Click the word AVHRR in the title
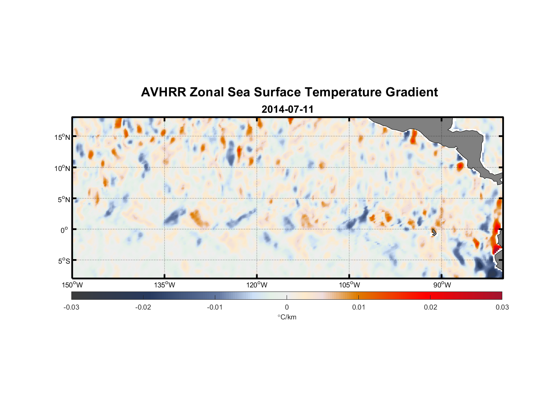(163, 92)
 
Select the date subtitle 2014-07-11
(287, 109)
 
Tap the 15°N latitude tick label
(62, 137)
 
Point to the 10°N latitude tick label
(62, 168)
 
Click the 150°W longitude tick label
(73, 285)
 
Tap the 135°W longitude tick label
(165, 285)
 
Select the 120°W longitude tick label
(257, 285)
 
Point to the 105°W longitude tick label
(349, 285)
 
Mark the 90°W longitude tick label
(442, 285)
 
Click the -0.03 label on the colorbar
(71, 307)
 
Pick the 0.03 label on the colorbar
(502, 307)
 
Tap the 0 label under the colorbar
(287, 307)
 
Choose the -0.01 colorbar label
(215, 307)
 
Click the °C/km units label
(287, 317)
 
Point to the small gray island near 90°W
(434, 232)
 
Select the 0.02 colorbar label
(431, 307)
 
